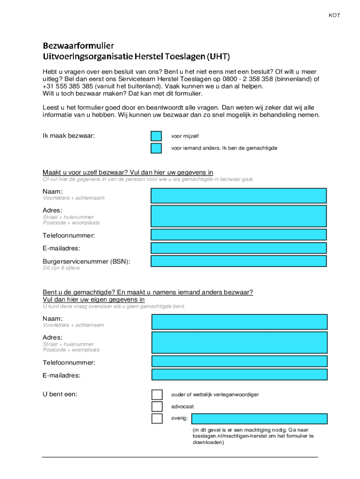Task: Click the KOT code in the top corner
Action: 334,15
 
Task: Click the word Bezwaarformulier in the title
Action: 78,46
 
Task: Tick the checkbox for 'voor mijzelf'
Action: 156,136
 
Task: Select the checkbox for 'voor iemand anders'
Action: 156,148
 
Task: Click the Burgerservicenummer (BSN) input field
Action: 238,261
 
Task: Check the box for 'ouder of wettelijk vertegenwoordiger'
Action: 157,395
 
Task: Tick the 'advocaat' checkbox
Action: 157,406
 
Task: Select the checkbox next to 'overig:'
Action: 157,418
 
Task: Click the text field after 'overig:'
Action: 259,419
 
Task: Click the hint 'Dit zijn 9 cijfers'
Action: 61,268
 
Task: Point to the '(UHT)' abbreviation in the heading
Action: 219,57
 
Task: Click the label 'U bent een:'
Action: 60,394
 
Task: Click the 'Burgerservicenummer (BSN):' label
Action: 86,261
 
